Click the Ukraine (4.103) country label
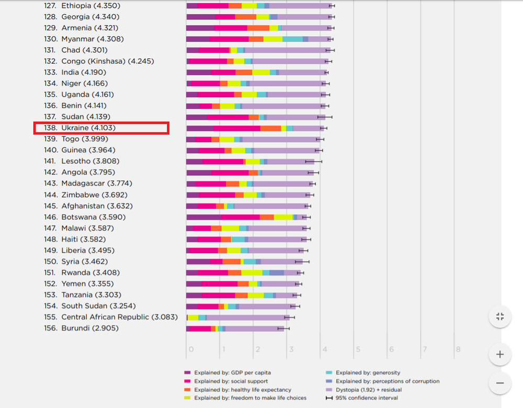[x=88, y=128]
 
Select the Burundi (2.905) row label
[x=89, y=328]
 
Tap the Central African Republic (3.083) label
[x=119, y=317]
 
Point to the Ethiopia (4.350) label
[x=90, y=6]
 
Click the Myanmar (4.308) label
[x=92, y=39]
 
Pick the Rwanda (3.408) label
[x=90, y=273]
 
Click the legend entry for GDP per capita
[x=232, y=373]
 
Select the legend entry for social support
[x=231, y=381]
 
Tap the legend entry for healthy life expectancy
[x=242, y=390]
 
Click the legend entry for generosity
[x=368, y=373]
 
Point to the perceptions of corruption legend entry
[x=387, y=381]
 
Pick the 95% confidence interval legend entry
[x=366, y=398]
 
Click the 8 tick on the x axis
[x=458, y=349]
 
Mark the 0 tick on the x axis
[x=191, y=349]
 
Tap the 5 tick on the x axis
[x=358, y=349]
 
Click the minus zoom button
[x=500, y=383]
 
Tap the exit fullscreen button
[x=500, y=316]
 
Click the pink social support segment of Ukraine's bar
[x=236, y=128]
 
